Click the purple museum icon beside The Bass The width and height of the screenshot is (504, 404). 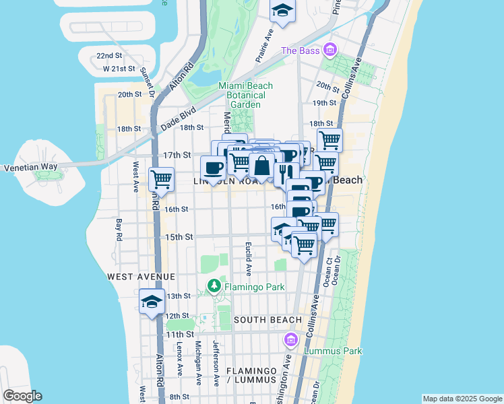329,50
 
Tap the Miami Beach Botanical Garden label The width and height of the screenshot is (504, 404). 245,95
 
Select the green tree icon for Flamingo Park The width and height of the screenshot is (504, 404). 214,287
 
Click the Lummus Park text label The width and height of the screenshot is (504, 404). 333,351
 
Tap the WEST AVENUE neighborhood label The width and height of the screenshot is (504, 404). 141,277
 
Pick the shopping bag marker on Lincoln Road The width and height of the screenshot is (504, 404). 261,165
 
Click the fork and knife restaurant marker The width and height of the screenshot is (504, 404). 286,173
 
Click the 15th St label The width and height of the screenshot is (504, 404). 179,237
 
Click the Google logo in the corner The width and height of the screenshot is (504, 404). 22,396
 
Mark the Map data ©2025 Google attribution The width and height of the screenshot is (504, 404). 462,399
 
